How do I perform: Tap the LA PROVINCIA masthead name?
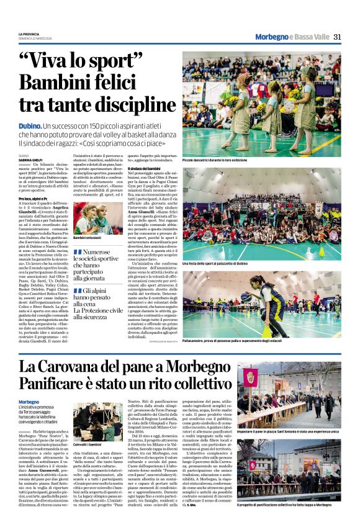(x=29, y=34)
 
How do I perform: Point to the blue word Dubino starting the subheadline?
(x=30, y=126)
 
